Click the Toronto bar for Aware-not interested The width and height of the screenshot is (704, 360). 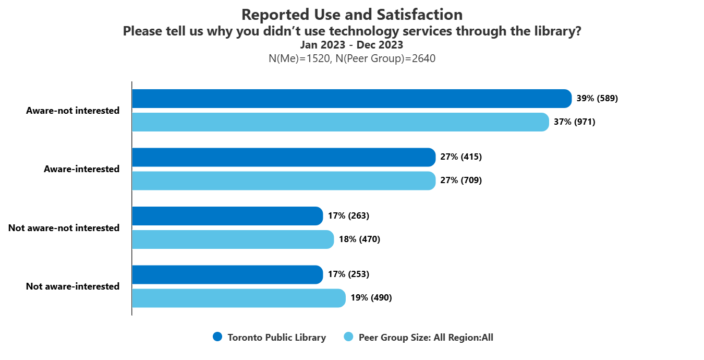click(352, 99)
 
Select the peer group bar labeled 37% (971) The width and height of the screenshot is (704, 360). click(341, 122)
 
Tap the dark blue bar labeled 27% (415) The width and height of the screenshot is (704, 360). click(284, 157)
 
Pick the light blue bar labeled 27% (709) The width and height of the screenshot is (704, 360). click(284, 181)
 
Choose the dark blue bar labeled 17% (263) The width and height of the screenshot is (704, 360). click(227, 216)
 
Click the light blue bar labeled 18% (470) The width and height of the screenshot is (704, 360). click(233, 239)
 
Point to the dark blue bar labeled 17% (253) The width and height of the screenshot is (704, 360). click(227, 274)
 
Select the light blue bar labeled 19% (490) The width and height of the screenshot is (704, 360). click(239, 298)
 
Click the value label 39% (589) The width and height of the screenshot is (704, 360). click(597, 99)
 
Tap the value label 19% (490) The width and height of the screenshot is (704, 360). click(371, 298)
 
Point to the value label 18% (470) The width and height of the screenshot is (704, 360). click(359, 239)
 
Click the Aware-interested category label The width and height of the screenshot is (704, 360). click(81, 169)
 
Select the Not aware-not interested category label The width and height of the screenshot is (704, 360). click(64, 228)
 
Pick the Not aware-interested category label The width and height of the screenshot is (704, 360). click(72, 286)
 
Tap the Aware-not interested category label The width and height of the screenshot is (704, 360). click(72, 111)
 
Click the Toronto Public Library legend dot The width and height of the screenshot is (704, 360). click(217, 337)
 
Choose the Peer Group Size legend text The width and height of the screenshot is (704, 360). click(426, 338)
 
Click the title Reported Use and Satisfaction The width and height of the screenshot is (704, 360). click(352, 15)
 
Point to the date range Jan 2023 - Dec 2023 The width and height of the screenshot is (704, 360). click(351, 45)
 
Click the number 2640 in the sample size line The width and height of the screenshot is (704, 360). click(424, 58)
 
